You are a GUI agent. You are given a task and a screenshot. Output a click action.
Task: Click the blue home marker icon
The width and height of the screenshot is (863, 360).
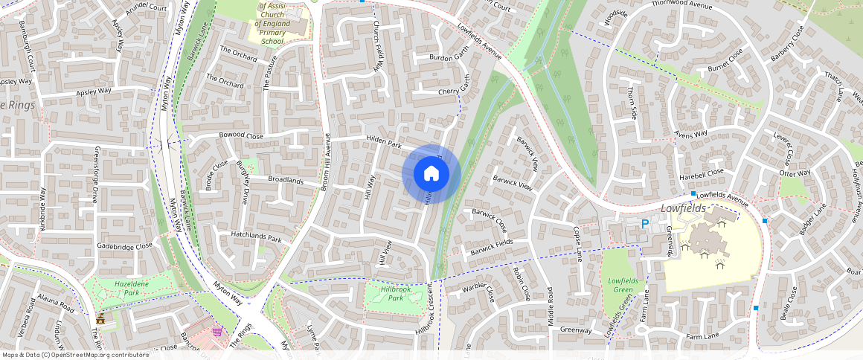tap(431, 174)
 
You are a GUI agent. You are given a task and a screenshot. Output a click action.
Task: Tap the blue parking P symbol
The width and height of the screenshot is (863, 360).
tap(645, 223)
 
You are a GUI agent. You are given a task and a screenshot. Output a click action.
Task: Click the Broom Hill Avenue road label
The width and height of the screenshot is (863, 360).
tap(324, 162)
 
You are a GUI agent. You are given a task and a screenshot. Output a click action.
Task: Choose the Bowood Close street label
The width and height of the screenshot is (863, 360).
tap(241, 137)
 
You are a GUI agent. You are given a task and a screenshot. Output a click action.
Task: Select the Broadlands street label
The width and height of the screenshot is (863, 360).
tap(286, 181)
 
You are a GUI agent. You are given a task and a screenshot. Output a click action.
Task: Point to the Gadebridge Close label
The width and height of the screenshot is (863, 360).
tap(124, 245)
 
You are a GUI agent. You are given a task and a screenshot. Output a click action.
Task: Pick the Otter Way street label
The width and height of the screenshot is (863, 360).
tap(795, 173)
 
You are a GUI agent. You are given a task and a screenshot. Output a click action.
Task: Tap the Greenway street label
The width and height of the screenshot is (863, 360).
tap(576, 330)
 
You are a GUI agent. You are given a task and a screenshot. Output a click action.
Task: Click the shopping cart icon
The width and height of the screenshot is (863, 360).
tap(217, 332)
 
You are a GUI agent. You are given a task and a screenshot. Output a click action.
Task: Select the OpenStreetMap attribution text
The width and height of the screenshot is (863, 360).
tap(75, 355)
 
